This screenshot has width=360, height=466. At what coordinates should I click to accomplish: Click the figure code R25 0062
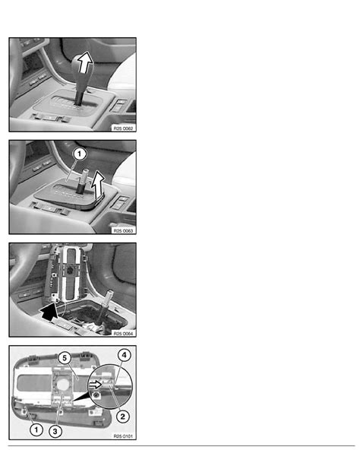tap(123, 128)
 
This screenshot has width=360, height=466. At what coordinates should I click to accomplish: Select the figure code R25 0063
tap(123, 230)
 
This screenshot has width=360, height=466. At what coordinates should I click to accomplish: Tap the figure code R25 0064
tap(123, 334)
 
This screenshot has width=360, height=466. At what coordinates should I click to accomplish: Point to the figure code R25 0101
tap(123, 436)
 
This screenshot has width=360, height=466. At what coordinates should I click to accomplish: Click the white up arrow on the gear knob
tap(84, 62)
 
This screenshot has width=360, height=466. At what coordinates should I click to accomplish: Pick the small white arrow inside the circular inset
tap(96, 385)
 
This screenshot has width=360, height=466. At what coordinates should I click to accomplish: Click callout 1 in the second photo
tap(79, 154)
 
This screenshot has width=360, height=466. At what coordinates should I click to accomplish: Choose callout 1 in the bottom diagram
tap(36, 430)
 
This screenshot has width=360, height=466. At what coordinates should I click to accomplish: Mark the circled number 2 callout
tap(123, 417)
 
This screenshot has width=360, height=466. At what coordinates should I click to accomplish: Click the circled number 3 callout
tap(55, 431)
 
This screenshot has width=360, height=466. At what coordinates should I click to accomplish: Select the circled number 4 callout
tap(124, 355)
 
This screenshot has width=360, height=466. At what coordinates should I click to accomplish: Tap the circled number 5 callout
tap(65, 358)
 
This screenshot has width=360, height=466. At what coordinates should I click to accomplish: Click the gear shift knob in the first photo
tap(82, 71)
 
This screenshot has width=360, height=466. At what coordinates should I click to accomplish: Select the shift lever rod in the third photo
tap(106, 306)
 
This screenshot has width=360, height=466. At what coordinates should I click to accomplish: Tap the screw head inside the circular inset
tap(96, 395)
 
